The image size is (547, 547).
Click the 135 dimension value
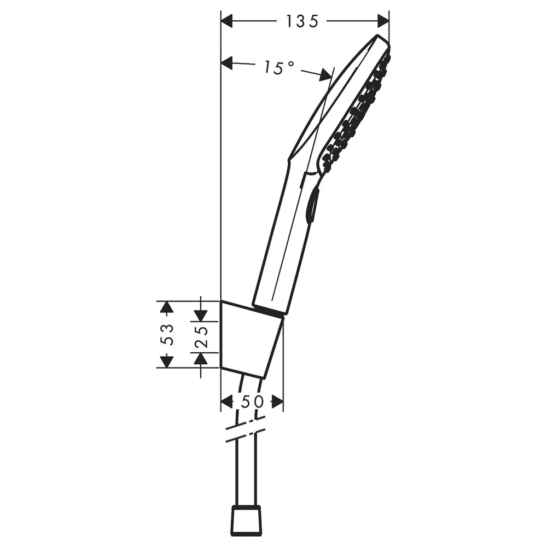[302, 22]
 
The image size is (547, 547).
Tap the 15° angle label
[278, 67]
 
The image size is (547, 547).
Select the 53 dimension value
[169, 335]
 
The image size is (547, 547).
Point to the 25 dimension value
[202, 337]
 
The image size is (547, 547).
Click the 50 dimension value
[253, 402]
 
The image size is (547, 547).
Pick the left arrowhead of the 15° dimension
[227, 63]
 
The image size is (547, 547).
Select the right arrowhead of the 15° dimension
[326, 74]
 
